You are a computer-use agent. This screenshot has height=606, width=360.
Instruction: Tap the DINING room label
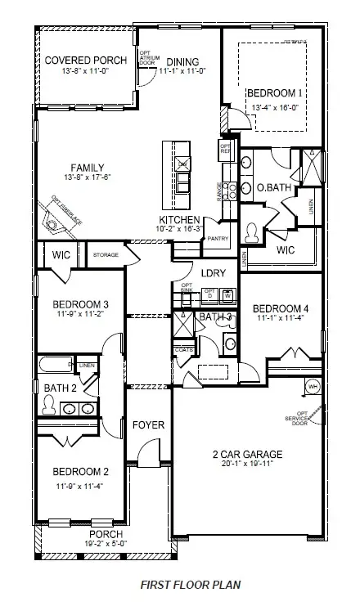(x=182, y=61)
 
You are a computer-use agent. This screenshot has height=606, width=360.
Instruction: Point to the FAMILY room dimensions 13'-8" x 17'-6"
(x=87, y=177)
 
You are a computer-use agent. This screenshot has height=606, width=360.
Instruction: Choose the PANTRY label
(x=218, y=238)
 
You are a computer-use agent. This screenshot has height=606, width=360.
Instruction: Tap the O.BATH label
(x=272, y=188)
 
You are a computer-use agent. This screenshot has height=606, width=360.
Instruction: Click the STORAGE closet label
(x=106, y=255)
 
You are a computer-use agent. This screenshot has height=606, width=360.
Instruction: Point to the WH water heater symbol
(x=312, y=386)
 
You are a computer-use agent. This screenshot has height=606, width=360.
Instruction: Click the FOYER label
(x=149, y=425)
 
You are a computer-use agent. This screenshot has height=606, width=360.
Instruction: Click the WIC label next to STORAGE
(x=62, y=255)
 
